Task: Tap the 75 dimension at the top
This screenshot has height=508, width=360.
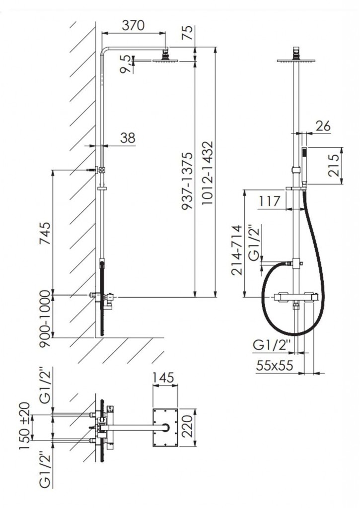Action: (x=188, y=33)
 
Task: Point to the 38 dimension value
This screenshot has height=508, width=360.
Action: (x=128, y=138)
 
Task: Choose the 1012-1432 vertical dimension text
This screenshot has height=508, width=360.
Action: (x=207, y=172)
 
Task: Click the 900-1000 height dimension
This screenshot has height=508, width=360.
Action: (x=45, y=318)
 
